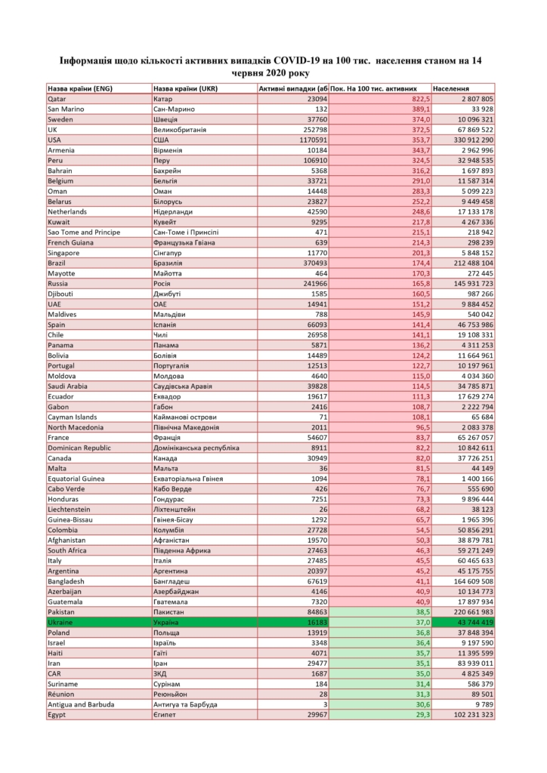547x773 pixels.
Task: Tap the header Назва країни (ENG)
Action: click(79, 88)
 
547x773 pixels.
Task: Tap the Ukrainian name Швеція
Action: click(166, 119)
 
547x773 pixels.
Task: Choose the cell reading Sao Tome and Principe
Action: click(84, 233)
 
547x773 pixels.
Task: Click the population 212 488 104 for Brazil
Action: click(469, 263)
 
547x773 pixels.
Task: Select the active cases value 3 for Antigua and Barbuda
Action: click(325, 704)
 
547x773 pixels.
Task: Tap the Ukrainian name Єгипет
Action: click(165, 713)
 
